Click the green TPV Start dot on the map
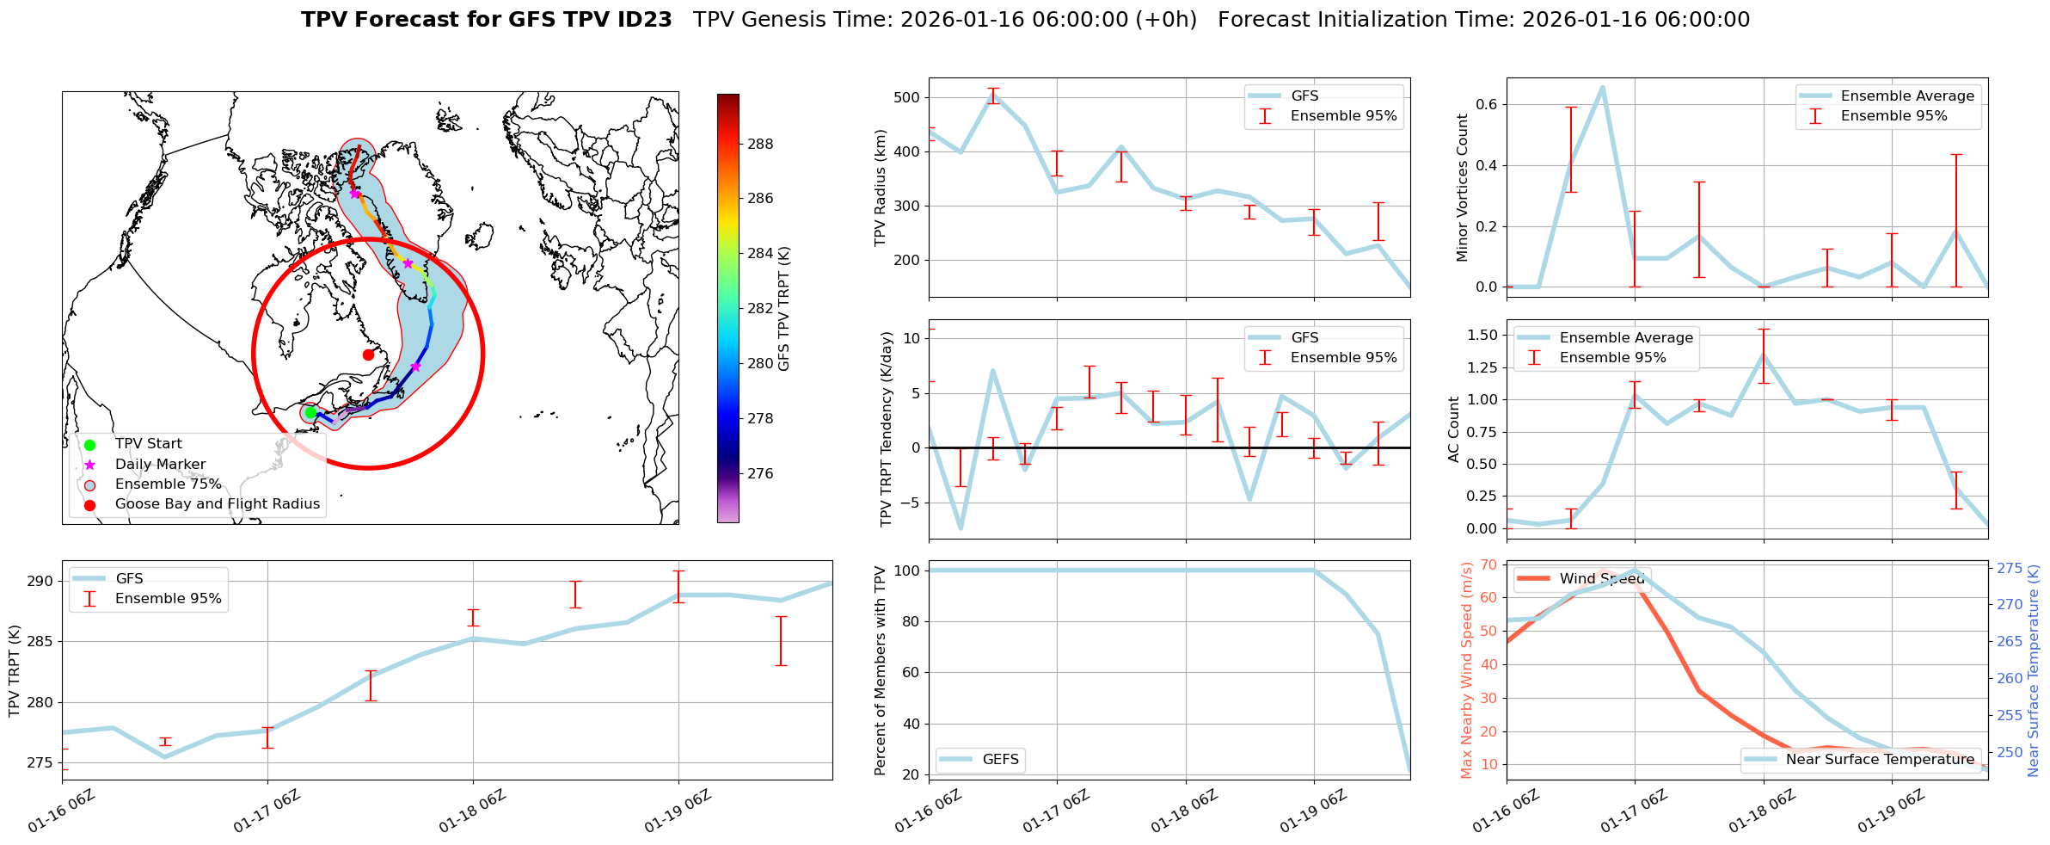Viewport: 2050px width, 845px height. [x=310, y=413]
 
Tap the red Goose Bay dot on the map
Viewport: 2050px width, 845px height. [x=368, y=355]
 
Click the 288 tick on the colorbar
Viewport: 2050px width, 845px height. [x=760, y=144]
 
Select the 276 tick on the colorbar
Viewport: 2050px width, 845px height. [x=760, y=473]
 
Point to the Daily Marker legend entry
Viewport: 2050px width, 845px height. [x=160, y=464]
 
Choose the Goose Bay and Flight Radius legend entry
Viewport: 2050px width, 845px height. [x=217, y=504]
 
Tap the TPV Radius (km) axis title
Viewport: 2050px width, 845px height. [x=881, y=188]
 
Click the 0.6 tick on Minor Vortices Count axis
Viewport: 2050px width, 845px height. [x=1485, y=104]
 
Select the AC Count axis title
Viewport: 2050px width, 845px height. [x=1454, y=429]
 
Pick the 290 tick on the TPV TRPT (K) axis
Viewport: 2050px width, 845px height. [x=41, y=581]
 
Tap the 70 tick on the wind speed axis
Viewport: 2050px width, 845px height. [x=1488, y=564]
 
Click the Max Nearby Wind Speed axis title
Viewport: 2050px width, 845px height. [x=1467, y=670]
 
